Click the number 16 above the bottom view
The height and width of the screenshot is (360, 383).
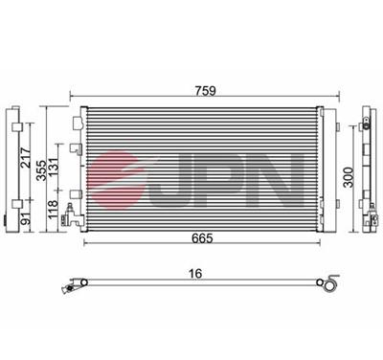197,275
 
